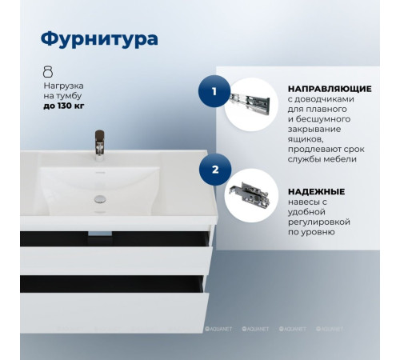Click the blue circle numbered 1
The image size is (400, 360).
point(214,92)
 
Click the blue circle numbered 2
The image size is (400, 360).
point(214,170)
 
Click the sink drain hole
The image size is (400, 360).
point(101,197)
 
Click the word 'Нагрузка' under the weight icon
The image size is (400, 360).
point(63,84)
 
